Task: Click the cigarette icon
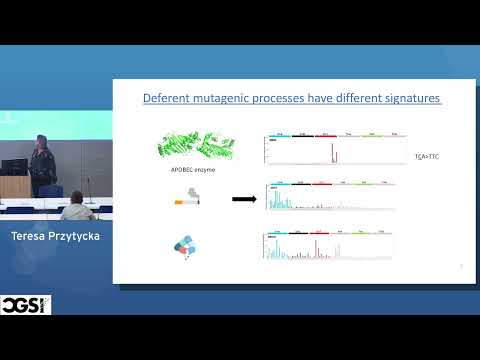(x=188, y=200)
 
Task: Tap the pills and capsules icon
(x=188, y=247)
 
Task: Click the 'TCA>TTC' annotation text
(x=427, y=157)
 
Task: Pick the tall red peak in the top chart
(x=333, y=152)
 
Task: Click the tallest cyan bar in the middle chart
(x=273, y=198)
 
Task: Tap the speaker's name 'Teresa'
(x=33, y=236)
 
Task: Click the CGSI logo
(x=26, y=304)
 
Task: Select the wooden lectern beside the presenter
(x=12, y=186)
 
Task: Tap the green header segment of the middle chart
(x=367, y=183)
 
